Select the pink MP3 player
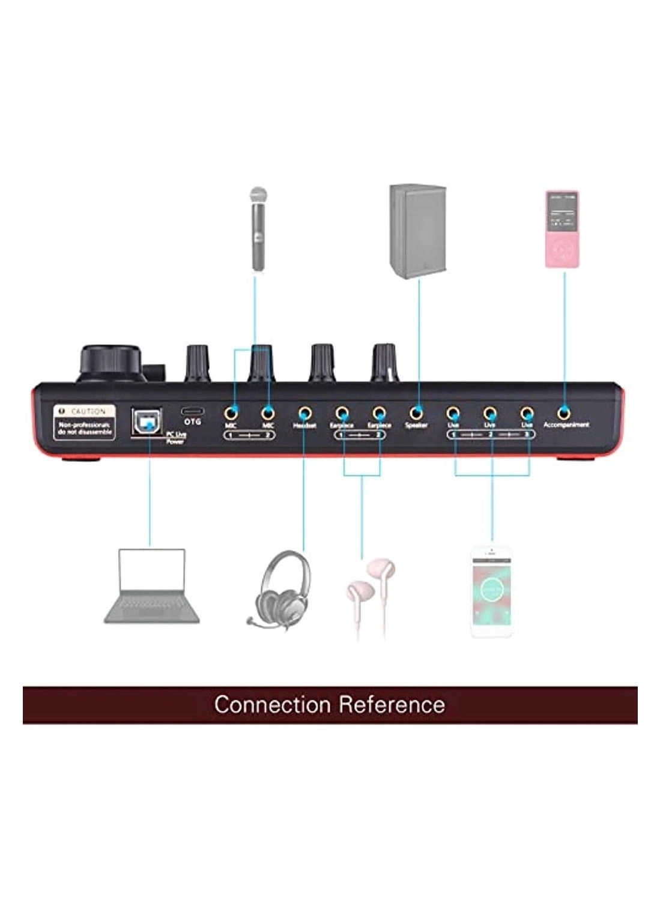562,229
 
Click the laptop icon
152,585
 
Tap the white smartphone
491,591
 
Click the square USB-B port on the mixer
146,422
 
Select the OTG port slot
192,411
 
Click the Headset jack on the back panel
305,413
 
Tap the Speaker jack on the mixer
416,413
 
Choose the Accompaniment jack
563,413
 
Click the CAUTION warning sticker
83,420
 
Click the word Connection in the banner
272,704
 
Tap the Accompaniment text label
566,425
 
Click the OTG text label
192,422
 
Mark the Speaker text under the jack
416,425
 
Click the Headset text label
305,425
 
